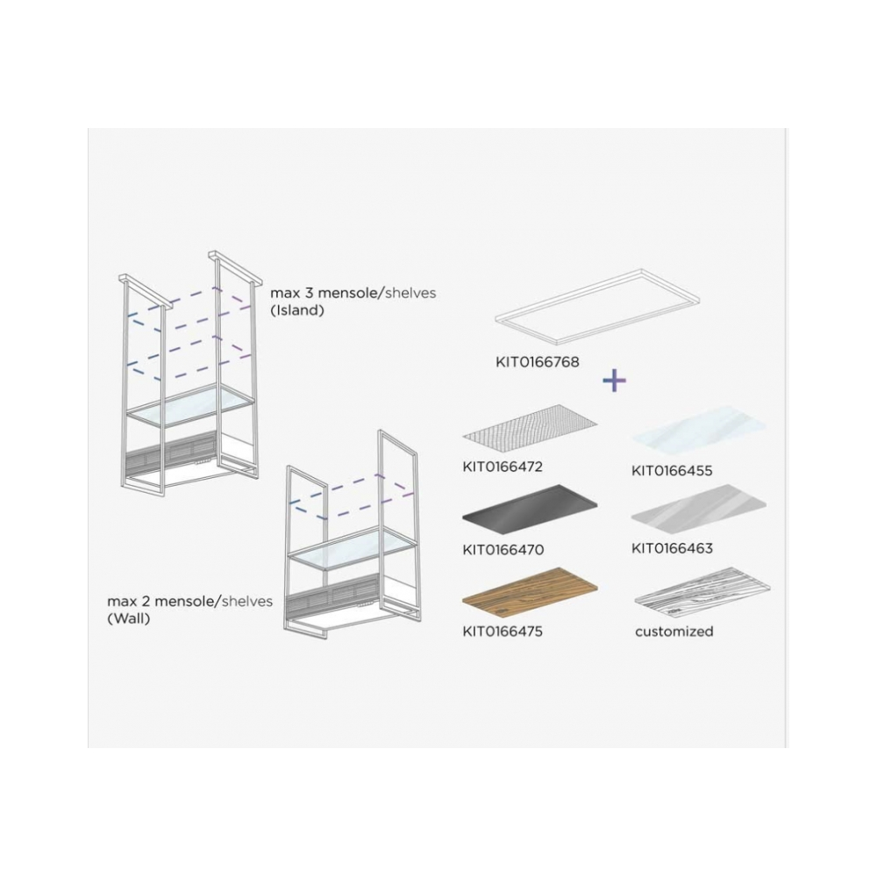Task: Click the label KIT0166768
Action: tap(538, 362)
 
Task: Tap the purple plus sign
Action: tap(614, 381)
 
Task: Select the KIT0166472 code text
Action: tap(503, 467)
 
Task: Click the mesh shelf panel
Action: tap(531, 424)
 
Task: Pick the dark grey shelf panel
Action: tap(530, 505)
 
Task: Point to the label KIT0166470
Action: tap(503, 550)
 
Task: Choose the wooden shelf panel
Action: tap(530, 588)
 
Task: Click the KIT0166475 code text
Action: tap(503, 631)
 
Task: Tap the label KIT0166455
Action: tap(672, 471)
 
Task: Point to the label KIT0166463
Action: tap(672, 548)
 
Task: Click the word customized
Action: tap(674, 631)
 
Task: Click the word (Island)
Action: tap(297, 311)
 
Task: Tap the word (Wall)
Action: tap(128, 619)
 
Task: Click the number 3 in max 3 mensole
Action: tap(308, 293)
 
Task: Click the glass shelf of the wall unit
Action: tap(353, 548)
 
